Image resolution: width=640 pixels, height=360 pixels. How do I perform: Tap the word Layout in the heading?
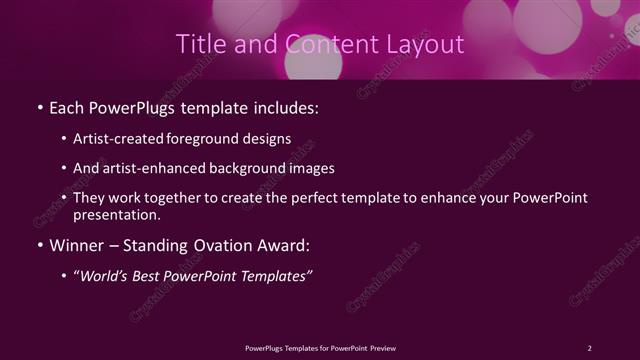coord(427,44)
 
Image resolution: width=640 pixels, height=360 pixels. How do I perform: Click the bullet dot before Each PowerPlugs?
coord(38,105)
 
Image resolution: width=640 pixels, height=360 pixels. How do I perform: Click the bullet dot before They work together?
coord(64,198)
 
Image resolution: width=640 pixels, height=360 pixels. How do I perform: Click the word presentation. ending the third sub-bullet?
coord(117,214)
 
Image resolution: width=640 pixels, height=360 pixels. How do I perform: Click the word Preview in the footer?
coord(383,347)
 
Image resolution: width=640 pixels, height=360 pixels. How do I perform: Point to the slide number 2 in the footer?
coord(589,347)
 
